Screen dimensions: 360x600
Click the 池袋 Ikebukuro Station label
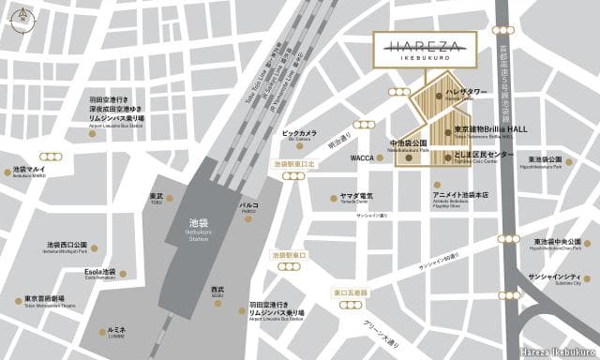tap(198, 228)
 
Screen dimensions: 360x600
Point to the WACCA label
tap(362, 159)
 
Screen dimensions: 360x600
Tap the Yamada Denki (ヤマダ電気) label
tap(356, 198)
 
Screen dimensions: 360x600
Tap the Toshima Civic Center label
tap(484, 155)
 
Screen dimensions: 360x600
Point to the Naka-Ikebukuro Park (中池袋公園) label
tap(408, 145)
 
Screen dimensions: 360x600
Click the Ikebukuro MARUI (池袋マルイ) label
tap(29, 172)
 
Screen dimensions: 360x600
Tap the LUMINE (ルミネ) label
tap(116, 331)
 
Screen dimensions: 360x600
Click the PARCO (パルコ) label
tap(248, 204)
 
